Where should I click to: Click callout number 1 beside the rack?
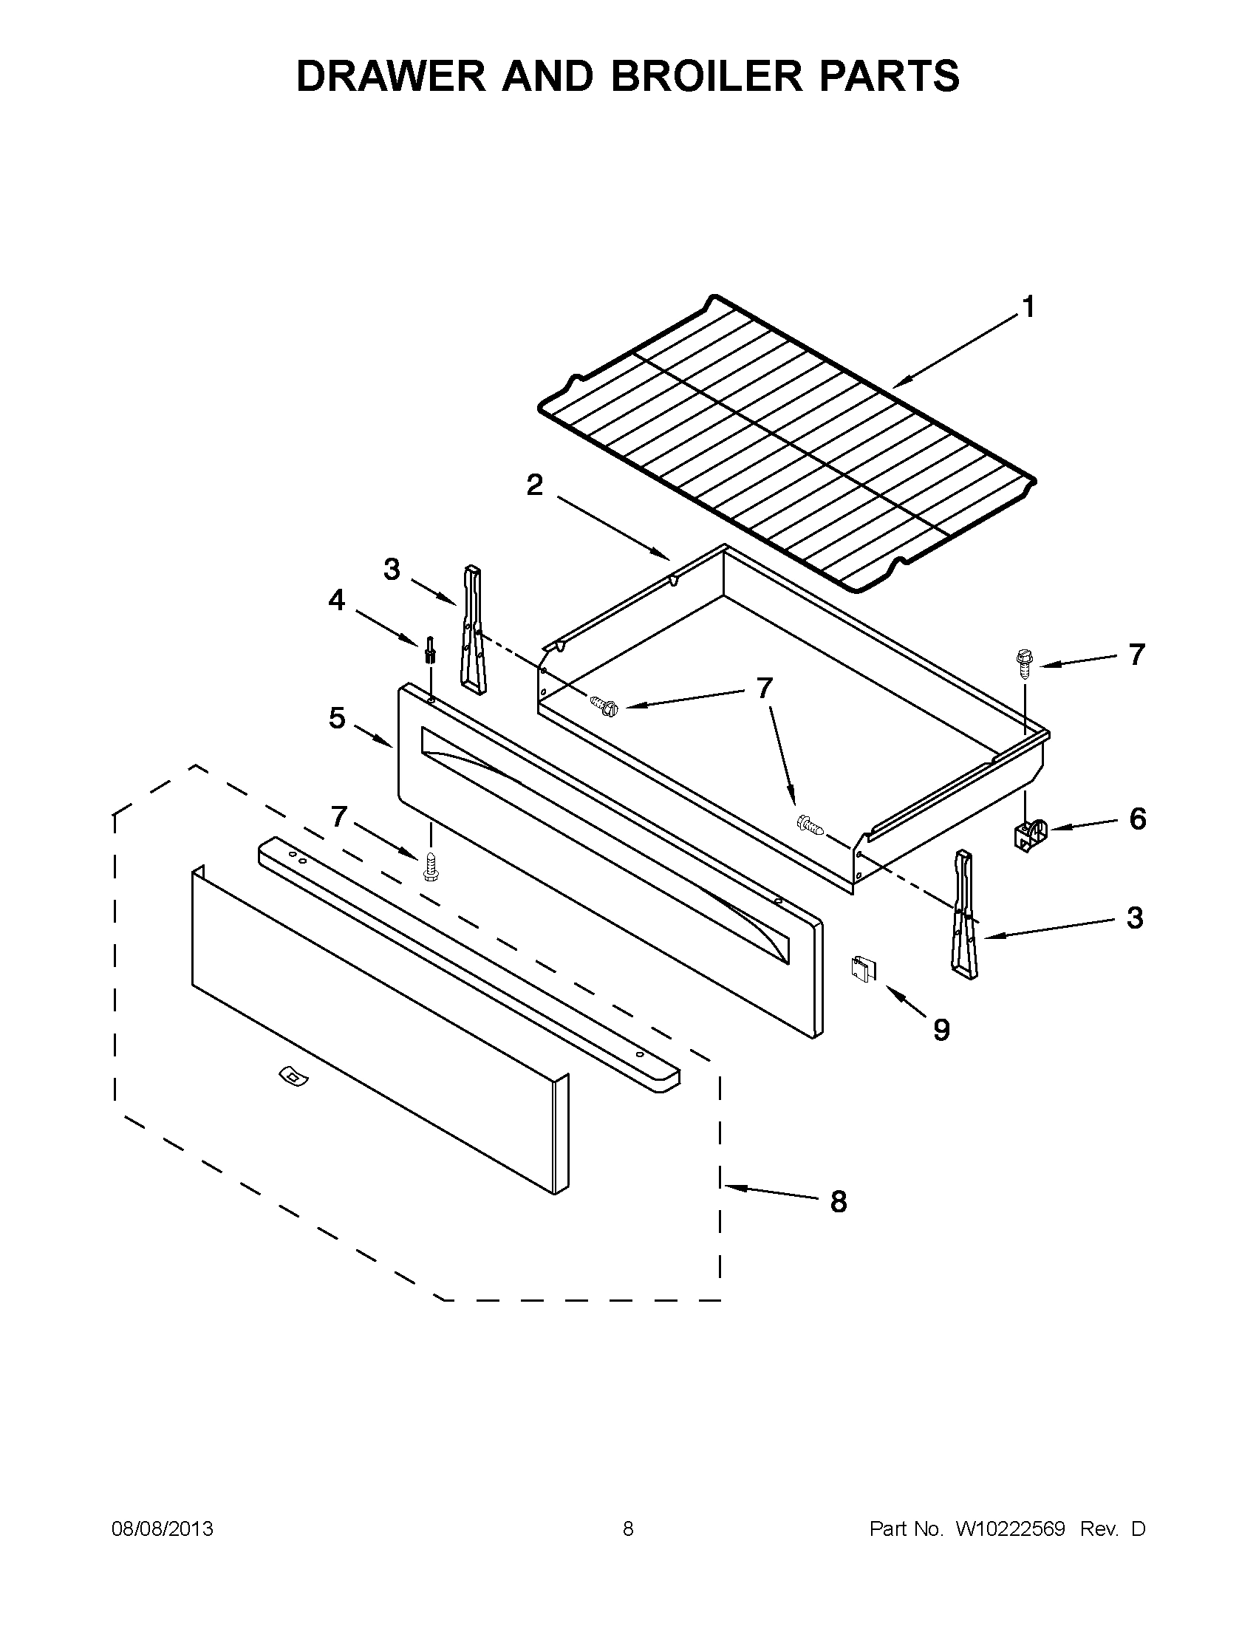1028,307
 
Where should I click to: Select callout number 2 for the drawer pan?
535,485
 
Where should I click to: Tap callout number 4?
336,599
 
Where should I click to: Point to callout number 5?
336,719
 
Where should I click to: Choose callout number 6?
1137,819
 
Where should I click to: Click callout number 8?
839,1202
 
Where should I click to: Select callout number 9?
941,1031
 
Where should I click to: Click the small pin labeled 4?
429,649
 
